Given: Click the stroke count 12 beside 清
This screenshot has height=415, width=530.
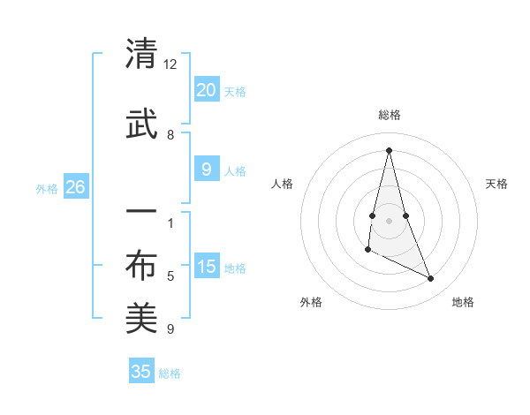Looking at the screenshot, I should (x=170, y=64).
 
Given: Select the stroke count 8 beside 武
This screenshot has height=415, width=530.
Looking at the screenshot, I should (x=170, y=135).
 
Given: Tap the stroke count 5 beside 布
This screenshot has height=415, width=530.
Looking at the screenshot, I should (x=170, y=276).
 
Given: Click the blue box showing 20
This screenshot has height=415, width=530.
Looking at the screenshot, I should (x=206, y=89).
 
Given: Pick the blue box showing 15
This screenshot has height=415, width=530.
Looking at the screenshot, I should (x=206, y=266).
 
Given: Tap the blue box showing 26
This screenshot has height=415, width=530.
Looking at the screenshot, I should (x=75, y=186).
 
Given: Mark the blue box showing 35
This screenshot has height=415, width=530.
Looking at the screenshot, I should (x=141, y=372).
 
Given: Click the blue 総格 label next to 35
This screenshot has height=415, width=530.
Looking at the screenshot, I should (x=170, y=373).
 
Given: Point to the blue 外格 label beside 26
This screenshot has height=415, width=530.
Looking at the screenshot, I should (x=47, y=188).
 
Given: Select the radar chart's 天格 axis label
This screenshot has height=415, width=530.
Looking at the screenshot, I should (x=497, y=184).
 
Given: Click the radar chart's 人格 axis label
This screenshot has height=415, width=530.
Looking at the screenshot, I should (x=282, y=184).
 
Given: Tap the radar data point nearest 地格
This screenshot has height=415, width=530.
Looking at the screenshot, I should (x=431, y=278).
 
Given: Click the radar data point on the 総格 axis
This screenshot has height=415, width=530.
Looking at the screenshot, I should (x=389, y=149).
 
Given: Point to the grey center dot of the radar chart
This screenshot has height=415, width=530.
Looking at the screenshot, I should (x=389, y=220).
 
